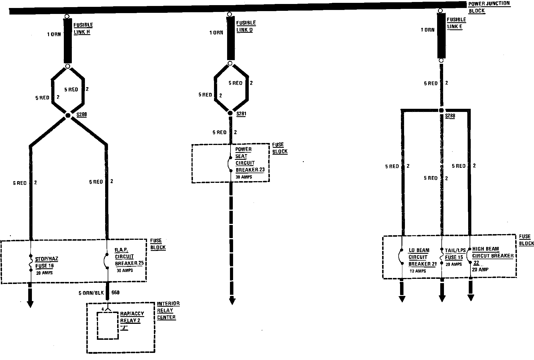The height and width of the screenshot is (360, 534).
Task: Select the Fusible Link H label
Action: point(83,28)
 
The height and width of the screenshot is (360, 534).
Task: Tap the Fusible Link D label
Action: point(246,26)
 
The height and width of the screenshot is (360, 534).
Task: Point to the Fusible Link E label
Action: point(456,23)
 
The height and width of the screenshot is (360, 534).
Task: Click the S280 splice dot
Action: point(68,115)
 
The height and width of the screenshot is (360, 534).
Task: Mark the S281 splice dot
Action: point(230,113)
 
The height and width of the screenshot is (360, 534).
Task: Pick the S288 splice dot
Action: point(441,110)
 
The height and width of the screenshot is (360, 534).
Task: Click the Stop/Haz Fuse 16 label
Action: point(46,263)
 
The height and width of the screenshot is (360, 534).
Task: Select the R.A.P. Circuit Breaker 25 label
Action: point(129,257)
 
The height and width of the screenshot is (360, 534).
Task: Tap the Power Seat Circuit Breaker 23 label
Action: point(249,160)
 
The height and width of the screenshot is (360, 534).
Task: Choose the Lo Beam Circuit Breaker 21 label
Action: point(422,257)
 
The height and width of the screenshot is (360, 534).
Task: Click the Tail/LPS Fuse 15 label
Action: point(455,254)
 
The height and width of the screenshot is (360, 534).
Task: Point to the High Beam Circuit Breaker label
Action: point(492,252)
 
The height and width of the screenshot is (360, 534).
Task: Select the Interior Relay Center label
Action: point(168,310)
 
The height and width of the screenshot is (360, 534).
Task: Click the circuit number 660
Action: point(115,293)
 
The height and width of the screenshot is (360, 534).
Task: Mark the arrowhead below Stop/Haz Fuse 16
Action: point(30,304)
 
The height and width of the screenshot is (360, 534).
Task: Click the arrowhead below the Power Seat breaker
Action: point(232,300)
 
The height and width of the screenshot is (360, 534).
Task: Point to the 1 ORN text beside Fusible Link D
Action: point(216,33)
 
